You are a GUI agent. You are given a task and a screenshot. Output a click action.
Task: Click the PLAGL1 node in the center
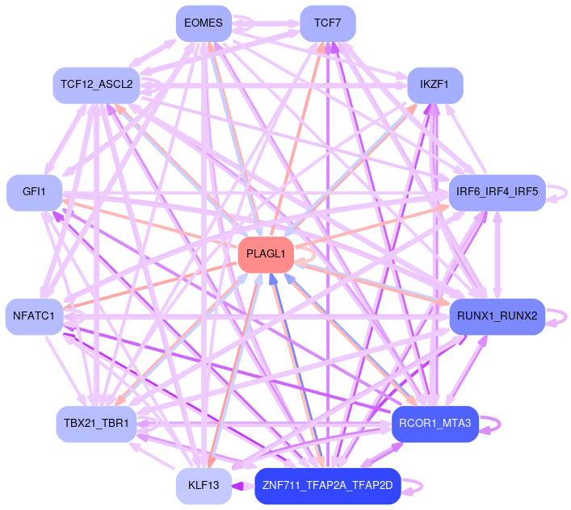coord(266,254)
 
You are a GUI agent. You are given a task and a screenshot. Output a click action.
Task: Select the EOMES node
coord(204,23)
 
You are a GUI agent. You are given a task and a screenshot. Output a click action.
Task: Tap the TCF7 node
coord(327,23)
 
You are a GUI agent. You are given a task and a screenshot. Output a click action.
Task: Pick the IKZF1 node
coord(435,84)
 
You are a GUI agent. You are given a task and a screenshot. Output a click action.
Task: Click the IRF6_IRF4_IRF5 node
coord(497,192)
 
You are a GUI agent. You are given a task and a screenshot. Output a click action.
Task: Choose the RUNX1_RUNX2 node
coord(497,315)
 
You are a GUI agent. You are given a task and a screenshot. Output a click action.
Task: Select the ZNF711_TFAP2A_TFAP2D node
coord(327,486)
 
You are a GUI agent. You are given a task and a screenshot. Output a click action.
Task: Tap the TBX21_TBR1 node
coord(96,424)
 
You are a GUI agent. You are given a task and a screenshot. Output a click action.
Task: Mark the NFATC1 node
coord(34,315)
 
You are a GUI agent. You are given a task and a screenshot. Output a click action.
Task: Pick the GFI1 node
coord(34,192)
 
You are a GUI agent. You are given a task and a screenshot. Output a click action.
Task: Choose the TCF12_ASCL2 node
coord(96,84)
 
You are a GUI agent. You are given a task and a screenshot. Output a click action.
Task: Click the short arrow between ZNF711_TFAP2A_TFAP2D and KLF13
coord(243,486)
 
